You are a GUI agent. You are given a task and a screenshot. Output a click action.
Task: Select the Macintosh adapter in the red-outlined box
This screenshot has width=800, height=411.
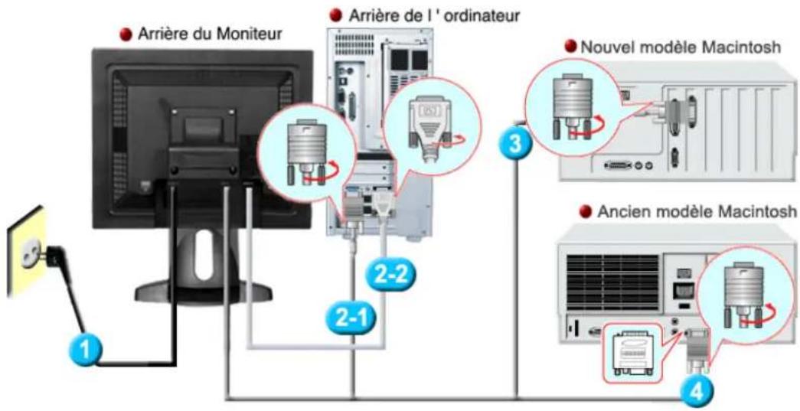point(634,351)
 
